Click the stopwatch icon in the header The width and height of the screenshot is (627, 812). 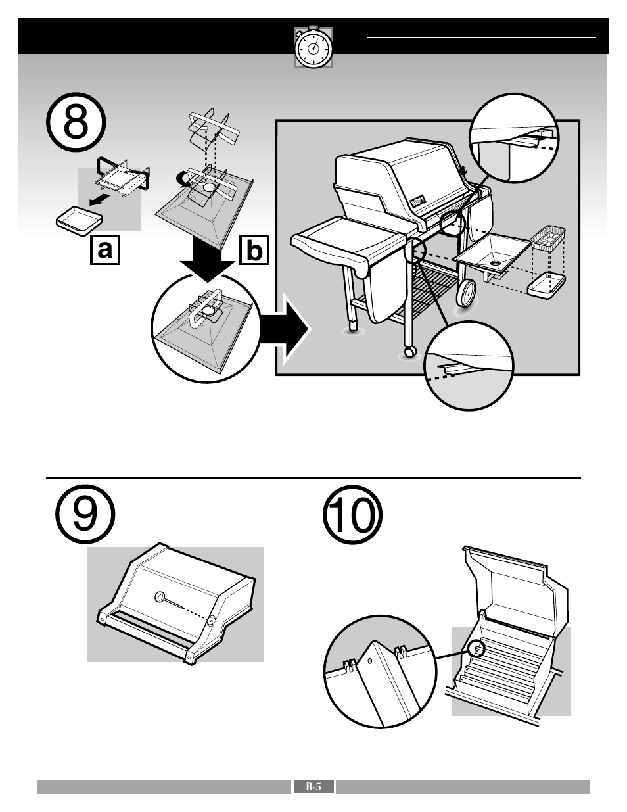313,47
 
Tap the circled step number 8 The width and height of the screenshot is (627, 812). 76,122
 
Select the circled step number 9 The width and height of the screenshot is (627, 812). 85,513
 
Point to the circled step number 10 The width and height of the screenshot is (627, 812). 352,515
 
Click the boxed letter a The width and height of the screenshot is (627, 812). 105,250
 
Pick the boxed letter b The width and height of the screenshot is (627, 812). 254,250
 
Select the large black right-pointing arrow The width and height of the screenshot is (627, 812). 285,329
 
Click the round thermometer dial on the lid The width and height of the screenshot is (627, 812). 161,597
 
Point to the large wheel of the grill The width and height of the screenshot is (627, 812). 467,294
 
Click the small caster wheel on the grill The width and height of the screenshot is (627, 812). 410,351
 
